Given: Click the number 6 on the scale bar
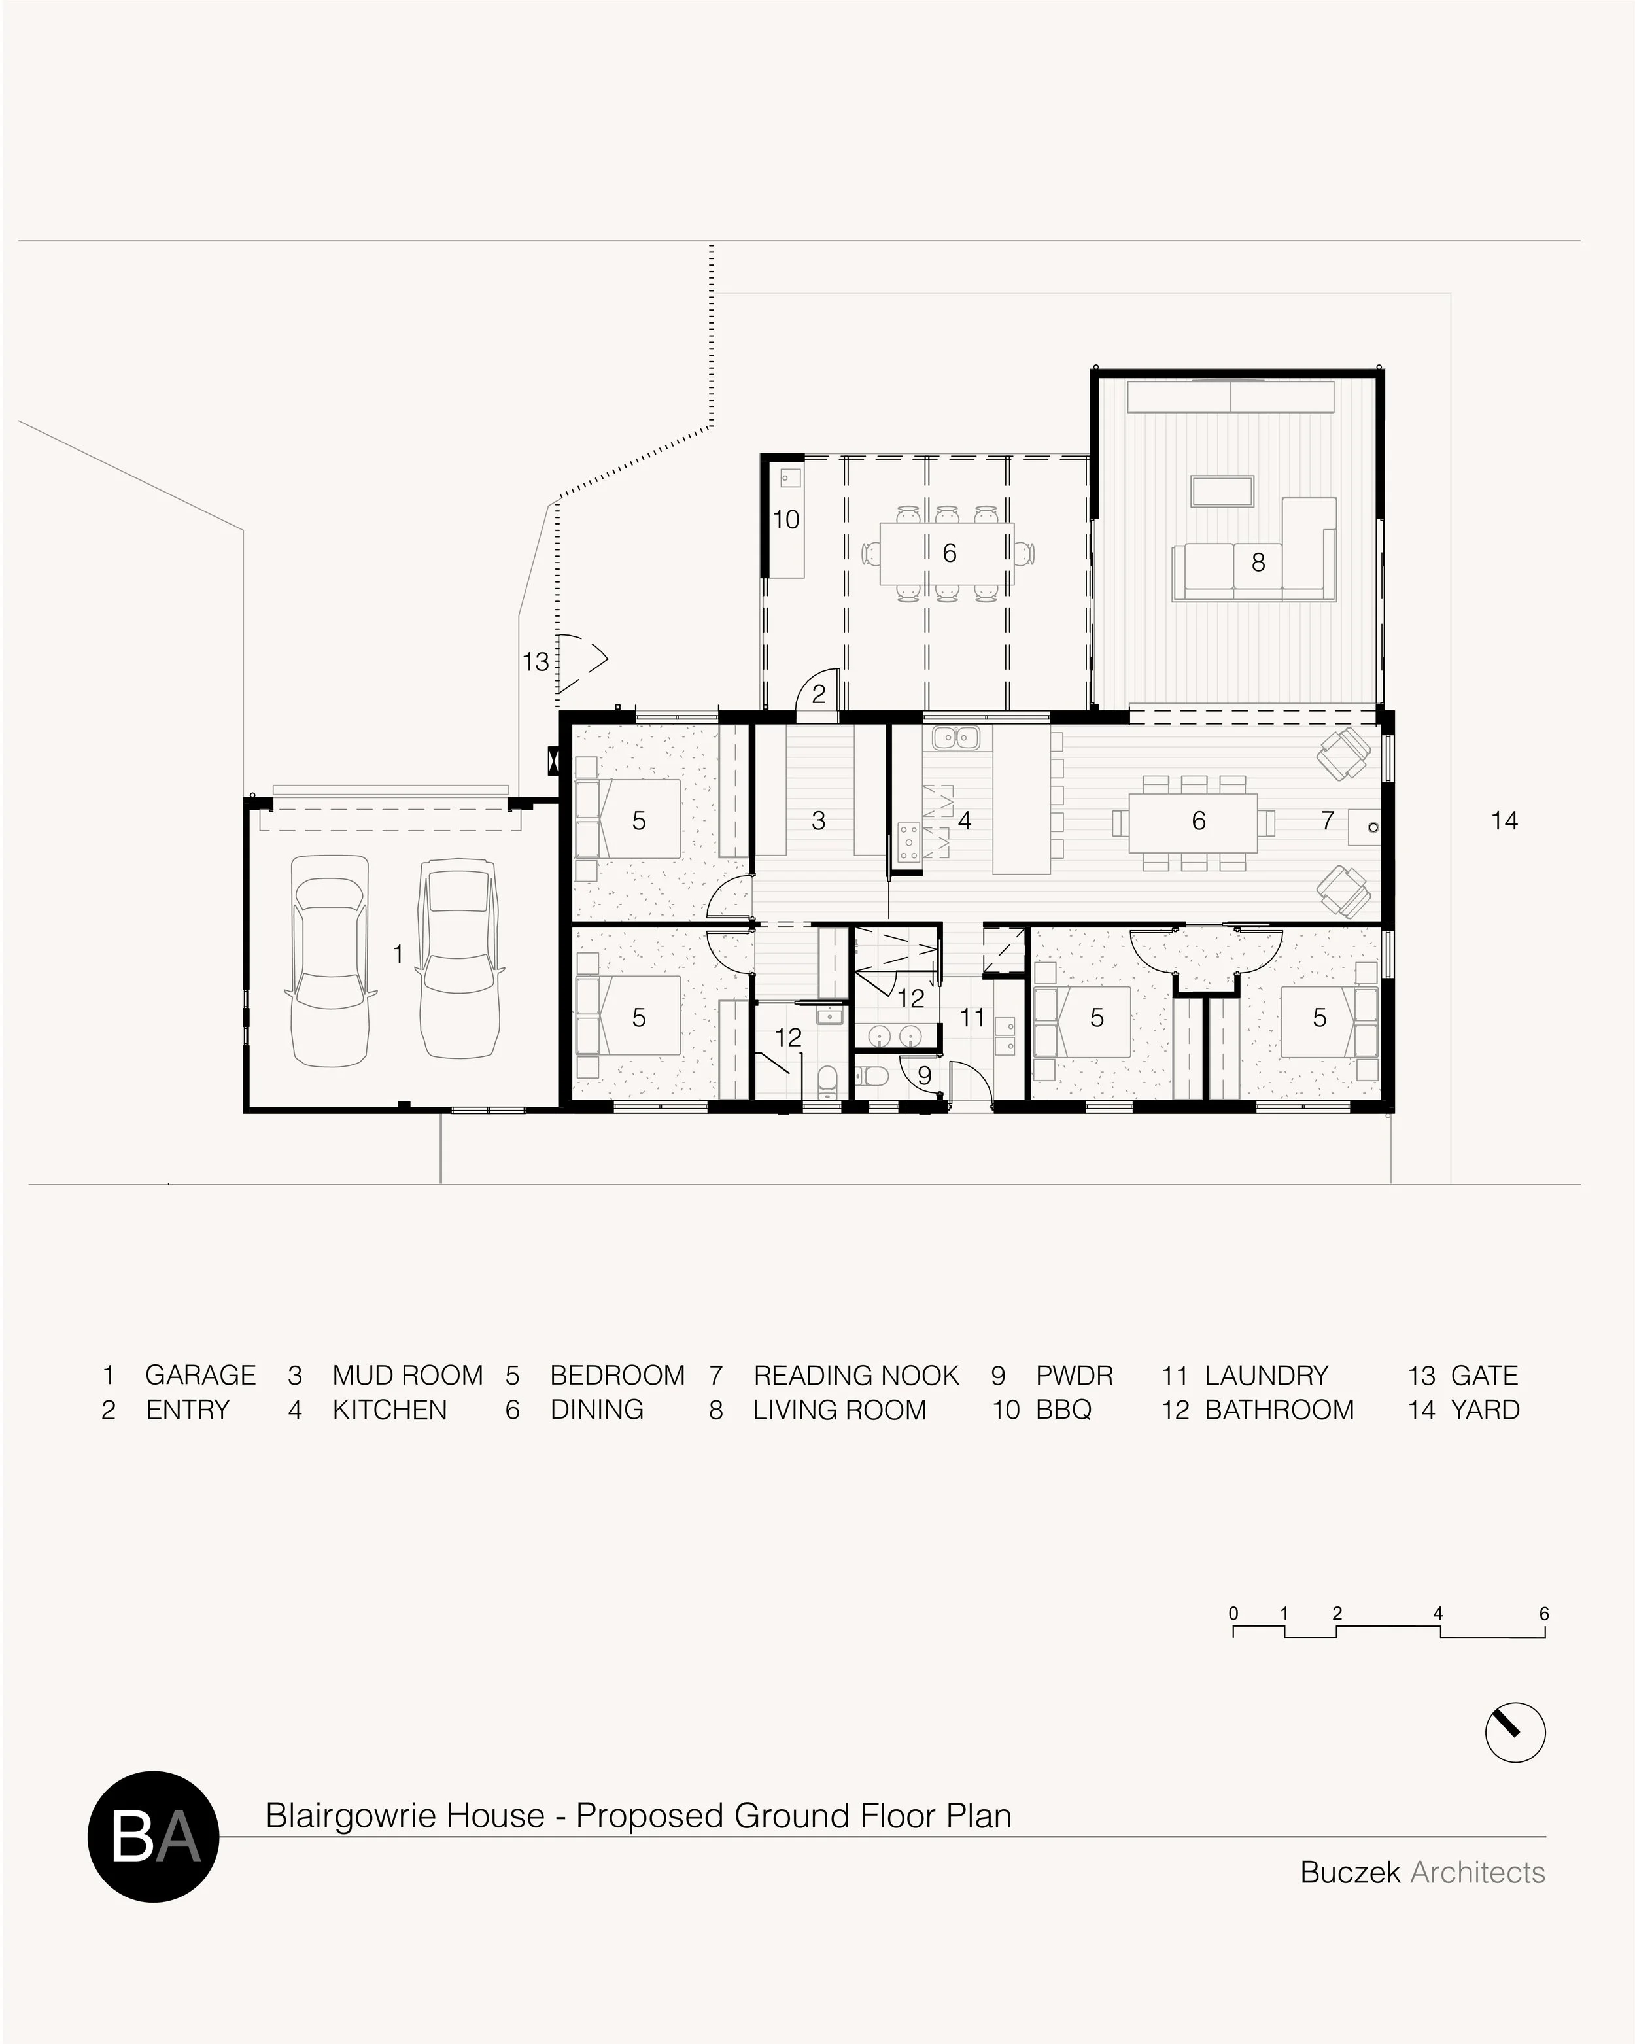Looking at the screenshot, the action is [x=1544, y=1614].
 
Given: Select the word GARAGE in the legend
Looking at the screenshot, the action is [x=200, y=1376].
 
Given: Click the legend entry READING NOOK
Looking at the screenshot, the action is [x=856, y=1376].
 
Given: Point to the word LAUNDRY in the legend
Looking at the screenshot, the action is [x=1266, y=1376].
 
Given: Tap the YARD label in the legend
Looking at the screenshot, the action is [x=1485, y=1410].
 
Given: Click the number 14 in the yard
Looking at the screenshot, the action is [x=1504, y=820].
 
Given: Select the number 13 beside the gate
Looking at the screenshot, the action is [x=536, y=662].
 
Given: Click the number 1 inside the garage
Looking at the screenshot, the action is [x=398, y=953].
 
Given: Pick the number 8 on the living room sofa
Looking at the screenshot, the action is [x=1258, y=563].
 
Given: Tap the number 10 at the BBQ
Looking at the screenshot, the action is [x=785, y=519].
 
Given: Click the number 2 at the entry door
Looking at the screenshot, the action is [x=819, y=694].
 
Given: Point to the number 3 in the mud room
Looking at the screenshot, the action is [x=819, y=821].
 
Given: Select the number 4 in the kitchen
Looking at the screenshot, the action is [x=965, y=821].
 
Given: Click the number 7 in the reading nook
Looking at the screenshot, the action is [x=1328, y=821].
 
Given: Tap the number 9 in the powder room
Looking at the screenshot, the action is [x=924, y=1076].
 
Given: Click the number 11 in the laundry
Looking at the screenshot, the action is [x=972, y=1018].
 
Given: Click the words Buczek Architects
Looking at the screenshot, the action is [x=1422, y=1873].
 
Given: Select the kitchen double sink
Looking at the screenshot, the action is [x=955, y=736].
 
